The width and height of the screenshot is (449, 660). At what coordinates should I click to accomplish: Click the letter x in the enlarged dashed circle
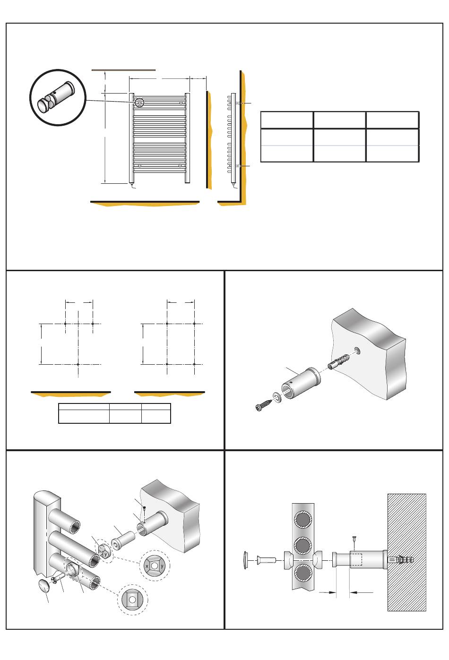pos(147,566)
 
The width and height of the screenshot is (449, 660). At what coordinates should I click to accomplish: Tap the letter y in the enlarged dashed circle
pos(162,566)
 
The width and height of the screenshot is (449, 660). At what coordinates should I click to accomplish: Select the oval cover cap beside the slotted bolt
pos(44,586)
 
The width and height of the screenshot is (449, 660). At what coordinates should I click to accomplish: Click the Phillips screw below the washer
pos(264,404)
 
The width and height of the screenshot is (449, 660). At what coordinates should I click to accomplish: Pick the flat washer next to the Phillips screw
pos(277,396)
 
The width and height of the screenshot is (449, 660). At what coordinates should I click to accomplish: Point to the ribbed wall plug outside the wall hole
pos(338,362)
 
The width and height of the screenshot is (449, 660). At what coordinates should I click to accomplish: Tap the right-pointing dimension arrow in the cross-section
pos(328,592)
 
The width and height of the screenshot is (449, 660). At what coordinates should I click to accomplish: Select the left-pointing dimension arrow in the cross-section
pos(362,592)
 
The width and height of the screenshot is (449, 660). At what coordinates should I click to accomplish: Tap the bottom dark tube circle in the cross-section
pos(303,573)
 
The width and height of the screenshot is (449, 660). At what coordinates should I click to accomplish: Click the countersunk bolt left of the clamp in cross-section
pos(266,559)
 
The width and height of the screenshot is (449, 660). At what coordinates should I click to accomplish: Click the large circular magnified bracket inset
pos(58,97)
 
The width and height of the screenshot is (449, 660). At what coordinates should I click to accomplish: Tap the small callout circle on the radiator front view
pos(139,103)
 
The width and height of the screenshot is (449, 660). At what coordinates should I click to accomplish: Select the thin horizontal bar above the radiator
pos(123,70)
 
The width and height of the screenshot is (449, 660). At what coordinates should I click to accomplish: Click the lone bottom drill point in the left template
pos(78,364)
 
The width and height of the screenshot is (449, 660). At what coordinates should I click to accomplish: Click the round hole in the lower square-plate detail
pos(132,600)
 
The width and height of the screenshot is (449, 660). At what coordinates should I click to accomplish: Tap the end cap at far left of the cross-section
pos(246,560)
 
